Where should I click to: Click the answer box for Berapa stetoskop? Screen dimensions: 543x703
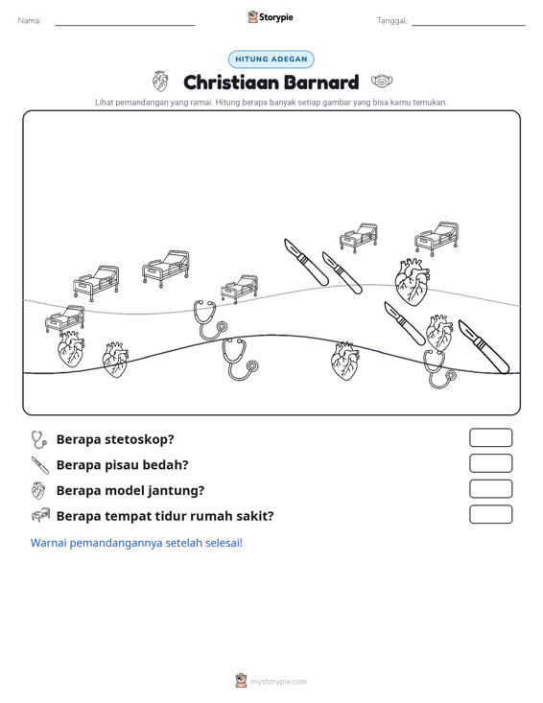(x=490, y=437)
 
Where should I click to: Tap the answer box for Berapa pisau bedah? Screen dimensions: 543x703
(x=490, y=463)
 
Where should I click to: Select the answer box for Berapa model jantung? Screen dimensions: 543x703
(x=490, y=489)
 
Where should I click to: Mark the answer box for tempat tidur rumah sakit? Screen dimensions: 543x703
(x=490, y=514)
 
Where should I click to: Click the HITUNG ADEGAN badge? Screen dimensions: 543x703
(x=271, y=59)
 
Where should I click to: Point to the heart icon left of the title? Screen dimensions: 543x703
(x=160, y=82)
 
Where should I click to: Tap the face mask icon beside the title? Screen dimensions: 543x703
(x=382, y=82)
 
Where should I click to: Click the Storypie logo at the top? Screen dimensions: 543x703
(x=271, y=17)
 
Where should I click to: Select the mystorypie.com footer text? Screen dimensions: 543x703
(x=278, y=682)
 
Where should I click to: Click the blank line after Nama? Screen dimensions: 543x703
(x=125, y=25)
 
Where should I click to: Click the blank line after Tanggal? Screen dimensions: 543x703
(x=468, y=25)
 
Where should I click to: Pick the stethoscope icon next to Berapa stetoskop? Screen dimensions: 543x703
(x=39, y=440)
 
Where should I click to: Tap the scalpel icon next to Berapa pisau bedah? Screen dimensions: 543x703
(x=40, y=465)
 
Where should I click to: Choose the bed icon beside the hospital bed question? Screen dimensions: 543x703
(x=40, y=515)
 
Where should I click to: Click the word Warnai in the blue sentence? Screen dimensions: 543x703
(x=48, y=543)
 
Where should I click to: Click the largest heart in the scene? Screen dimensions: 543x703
(x=413, y=282)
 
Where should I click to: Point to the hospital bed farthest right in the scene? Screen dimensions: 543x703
(x=437, y=238)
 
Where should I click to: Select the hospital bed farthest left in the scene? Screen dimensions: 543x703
(x=65, y=318)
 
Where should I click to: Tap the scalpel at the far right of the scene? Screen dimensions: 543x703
(x=484, y=346)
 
